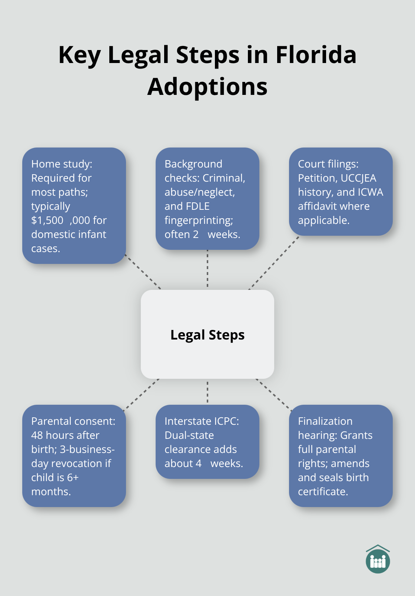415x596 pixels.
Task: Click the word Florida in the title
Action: click(x=316, y=55)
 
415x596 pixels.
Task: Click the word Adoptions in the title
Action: click(x=207, y=87)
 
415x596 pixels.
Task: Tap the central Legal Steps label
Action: click(x=207, y=335)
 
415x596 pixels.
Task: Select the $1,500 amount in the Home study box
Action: click(x=47, y=221)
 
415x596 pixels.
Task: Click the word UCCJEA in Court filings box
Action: click(x=358, y=178)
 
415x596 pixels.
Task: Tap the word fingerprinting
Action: click(x=199, y=221)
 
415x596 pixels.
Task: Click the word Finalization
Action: click(x=325, y=421)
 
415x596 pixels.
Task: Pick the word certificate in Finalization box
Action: click(x=322, y=492)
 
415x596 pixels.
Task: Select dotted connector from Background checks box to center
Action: click(x=207, y=269)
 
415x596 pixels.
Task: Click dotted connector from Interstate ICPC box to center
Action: click(x=207, y=392)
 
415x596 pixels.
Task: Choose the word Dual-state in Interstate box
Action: click(x=189, y=436)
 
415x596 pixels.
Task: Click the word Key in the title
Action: click(x=79, y=55)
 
